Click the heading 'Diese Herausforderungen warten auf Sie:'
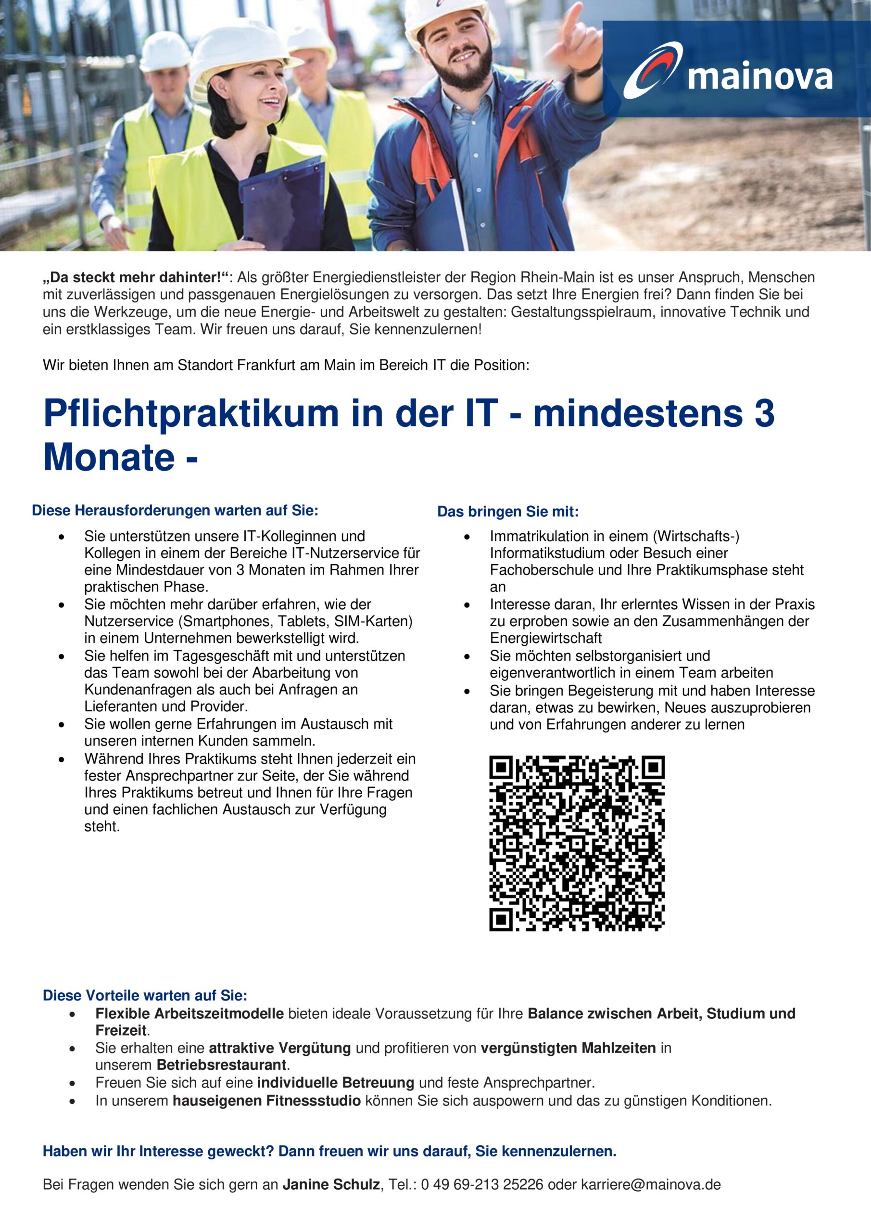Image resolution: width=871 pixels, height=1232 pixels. point(175,510)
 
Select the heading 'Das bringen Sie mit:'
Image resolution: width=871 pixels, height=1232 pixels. point(508,512)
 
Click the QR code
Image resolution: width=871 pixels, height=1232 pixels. point(577,843)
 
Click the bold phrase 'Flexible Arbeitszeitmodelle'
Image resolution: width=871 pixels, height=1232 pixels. point(189,1014)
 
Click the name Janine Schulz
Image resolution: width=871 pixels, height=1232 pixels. point(331,1184)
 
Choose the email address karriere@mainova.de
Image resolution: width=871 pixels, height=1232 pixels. point(651,1184)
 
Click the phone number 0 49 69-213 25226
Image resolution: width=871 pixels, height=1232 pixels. point(482,1184)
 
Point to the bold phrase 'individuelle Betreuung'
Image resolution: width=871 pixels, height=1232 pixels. point(335,1083)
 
